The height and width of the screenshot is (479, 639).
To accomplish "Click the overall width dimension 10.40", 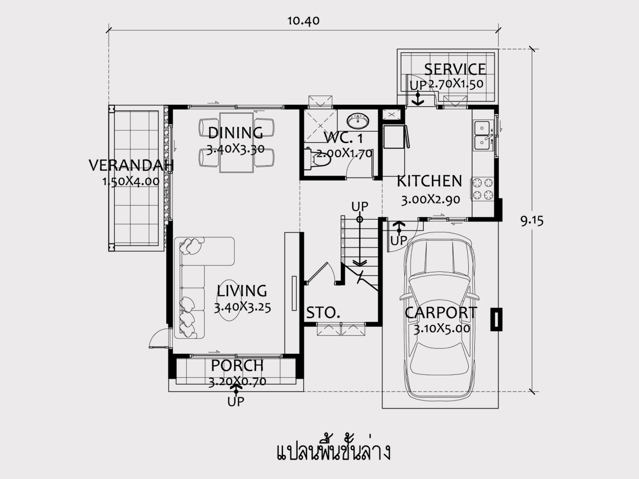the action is (304, 21).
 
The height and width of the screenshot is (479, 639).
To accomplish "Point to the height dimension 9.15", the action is (532, 222).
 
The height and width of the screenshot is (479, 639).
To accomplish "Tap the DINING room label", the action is (236, 133).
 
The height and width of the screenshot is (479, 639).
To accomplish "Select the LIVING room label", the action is (242, 290).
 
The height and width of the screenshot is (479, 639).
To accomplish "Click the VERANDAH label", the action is (131, 166).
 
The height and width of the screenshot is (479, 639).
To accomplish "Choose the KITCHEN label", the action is (429, 181).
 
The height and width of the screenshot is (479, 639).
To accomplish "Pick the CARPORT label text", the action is (441, 313).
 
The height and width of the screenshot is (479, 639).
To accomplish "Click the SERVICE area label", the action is (455, 69).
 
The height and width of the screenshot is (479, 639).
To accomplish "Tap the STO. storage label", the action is (323, 313).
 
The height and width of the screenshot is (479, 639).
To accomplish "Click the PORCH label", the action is (237, 366).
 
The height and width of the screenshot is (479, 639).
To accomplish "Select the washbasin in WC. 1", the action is (358, 121).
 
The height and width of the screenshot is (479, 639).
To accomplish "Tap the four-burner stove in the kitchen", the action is (483, 189).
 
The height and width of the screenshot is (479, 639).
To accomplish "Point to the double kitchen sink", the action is (483, 136).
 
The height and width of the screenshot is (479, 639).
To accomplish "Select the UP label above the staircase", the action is (360, 207).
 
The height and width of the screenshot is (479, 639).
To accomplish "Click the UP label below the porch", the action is (236, 402).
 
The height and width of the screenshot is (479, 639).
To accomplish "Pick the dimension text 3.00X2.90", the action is (430, 200).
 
